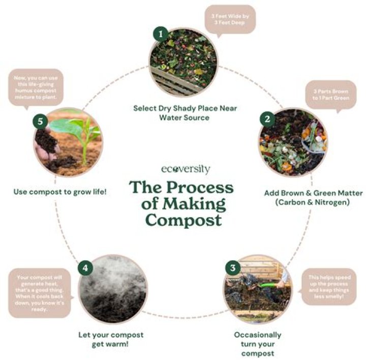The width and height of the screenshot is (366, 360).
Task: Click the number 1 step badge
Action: [161, 35]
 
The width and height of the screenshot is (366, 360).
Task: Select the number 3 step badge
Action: [232, 267]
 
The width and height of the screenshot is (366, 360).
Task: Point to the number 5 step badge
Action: [40, 121]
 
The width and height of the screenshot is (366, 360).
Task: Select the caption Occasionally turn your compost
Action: [257, 344]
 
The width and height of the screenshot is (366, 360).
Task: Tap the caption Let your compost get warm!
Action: [111, 339]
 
